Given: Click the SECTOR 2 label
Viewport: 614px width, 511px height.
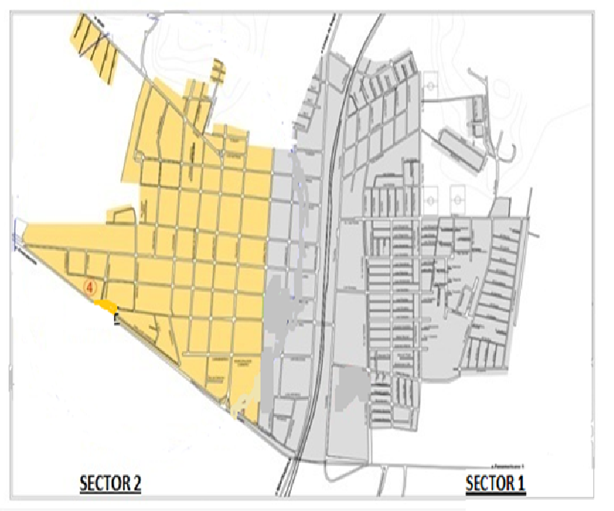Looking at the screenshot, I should tap(110, 483).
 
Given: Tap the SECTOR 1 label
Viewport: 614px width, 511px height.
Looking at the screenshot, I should tap(495, 483).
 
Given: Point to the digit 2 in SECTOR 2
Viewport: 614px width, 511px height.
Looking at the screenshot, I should tap(137, 483).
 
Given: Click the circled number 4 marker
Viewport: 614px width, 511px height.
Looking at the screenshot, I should tap(91, 286).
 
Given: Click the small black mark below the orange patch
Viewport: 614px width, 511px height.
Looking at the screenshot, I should tap(116, 320).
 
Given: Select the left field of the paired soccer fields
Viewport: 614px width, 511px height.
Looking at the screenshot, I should tap(431, 198).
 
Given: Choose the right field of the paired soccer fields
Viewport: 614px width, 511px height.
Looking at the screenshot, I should tap(457, 198).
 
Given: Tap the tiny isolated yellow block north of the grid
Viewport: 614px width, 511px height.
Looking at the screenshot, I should tap(218, 72).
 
